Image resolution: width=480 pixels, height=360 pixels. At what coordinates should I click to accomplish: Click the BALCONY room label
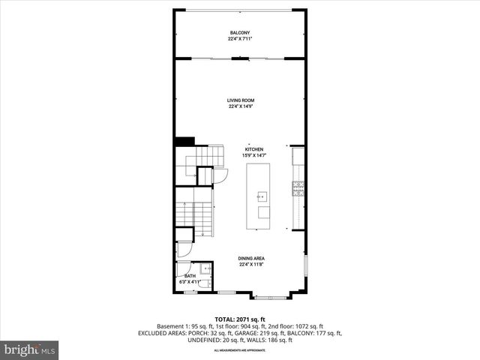tap(239, 33)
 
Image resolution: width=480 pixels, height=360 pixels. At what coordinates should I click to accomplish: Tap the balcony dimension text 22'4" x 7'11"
tap(239, 39)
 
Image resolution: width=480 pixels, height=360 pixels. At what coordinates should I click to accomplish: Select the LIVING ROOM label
tap(239, 100)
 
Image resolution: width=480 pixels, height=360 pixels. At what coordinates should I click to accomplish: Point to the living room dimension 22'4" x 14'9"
tap(239, 106)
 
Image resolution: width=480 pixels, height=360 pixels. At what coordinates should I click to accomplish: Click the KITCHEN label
tap(253, 149)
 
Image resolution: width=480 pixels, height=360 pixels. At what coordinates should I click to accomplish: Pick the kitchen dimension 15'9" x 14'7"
tap(253, 155)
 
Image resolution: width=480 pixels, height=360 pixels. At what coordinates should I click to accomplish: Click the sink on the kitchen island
tap(262, 197)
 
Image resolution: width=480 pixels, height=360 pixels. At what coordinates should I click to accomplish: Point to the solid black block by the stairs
tap(184, 141)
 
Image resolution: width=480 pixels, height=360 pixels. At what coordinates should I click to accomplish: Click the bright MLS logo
tap(30, 349)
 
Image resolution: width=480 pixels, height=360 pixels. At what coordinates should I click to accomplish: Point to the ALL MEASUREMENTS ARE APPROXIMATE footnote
tap(239, 350)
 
